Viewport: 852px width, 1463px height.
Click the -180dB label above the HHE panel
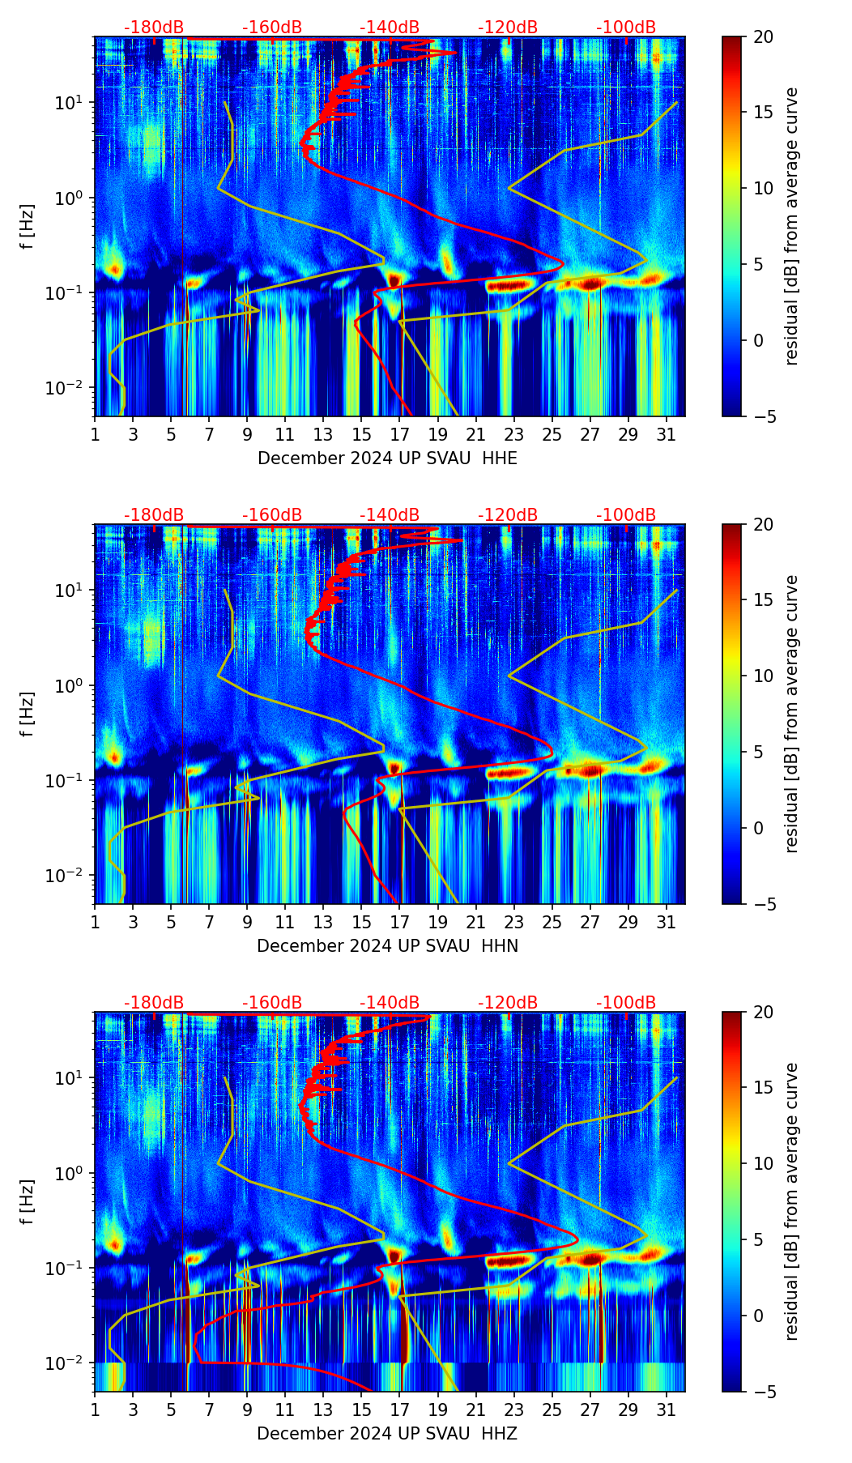click(154, 28)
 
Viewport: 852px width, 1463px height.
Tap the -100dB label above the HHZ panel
click(626, 1003)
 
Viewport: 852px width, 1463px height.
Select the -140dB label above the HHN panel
click(390, 515)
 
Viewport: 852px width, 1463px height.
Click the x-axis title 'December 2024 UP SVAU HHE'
click(387, 459)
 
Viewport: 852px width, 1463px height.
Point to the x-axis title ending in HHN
click(387, 946)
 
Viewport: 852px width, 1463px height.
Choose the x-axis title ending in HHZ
click(386, 1434)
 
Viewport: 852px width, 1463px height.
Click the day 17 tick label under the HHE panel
click(400, 434)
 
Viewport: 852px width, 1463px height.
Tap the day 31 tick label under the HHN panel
click(667, 922)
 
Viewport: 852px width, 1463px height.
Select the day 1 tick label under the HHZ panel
click(95, 1410)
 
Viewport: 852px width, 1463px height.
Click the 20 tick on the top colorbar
click(763, 36)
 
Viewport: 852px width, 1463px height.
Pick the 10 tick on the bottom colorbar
click(763, 1164)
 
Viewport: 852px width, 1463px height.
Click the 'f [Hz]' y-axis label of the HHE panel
click(28, 226)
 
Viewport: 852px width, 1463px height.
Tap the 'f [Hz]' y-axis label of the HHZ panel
click(28, 1201)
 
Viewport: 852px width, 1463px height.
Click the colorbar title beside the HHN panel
click(791, 714)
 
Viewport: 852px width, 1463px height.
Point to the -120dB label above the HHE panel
click(508, 28)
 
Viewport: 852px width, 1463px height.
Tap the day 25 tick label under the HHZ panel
click(552, 1410)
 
